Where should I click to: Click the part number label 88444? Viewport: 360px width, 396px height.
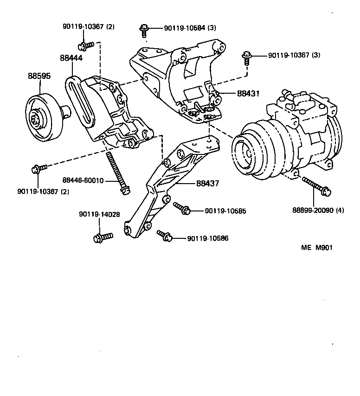(72, 58)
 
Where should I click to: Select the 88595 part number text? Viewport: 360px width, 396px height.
(39, 76)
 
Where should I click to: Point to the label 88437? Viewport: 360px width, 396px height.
(209, 184)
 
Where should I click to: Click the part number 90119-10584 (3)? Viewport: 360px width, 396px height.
(190, 28)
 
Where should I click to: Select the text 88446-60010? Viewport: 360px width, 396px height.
(83, 180)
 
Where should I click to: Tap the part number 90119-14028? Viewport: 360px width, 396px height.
(99, 214)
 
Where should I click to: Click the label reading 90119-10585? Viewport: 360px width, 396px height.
(225, 211)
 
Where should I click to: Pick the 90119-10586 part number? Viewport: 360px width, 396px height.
(208, 238)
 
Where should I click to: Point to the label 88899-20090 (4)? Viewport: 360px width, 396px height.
(318, 210)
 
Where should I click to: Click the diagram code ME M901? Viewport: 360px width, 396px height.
(317, 247)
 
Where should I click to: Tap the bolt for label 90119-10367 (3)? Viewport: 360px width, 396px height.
(246, 59)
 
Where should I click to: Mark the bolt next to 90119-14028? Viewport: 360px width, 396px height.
(103, 237)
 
